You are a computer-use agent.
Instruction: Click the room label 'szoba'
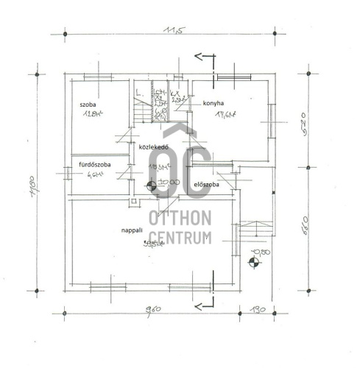(89, 105)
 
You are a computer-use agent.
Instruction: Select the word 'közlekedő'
(155, 147)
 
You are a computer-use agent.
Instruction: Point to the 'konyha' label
(213, 104)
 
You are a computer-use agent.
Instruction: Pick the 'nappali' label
(133, 230)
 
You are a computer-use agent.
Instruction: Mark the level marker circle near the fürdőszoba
(151, 186)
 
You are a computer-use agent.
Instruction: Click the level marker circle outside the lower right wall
(255, 258)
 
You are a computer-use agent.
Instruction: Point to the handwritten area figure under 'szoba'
(91, 115)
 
